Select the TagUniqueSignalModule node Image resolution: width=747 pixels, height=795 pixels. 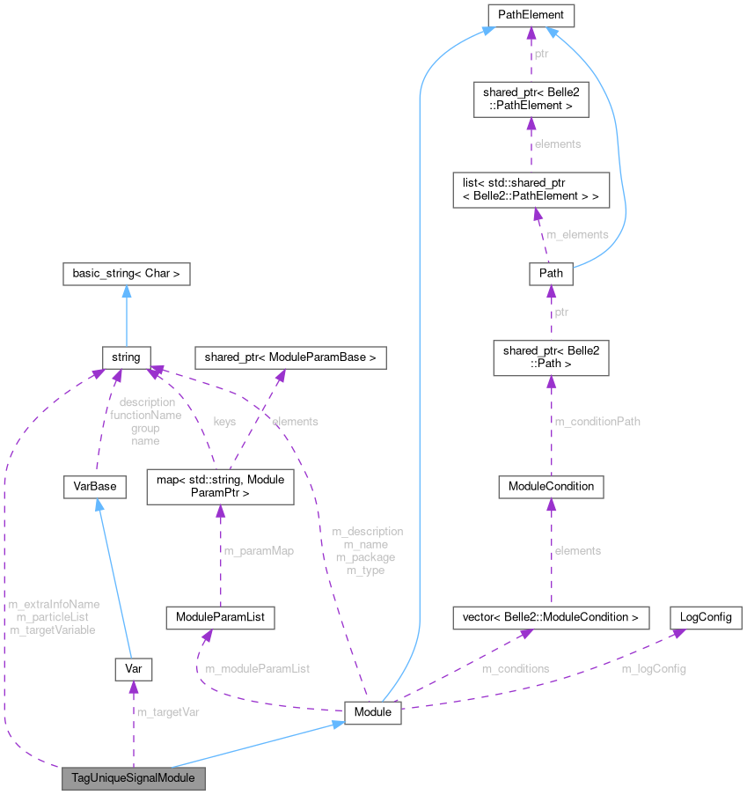point(133,778)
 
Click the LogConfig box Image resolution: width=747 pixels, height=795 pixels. point(706,617)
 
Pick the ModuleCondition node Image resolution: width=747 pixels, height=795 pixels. point(552,486)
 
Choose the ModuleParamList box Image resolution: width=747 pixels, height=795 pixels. point(220,618)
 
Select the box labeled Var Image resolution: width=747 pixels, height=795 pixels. point(133,669)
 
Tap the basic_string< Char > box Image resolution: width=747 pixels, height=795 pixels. point(127,274)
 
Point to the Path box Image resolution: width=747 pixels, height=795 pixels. point(551,274)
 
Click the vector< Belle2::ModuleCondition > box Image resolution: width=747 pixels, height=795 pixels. point(550,617)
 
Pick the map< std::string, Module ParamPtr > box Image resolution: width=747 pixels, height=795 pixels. point(220,486)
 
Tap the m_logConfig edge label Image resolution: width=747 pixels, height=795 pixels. point(654,668)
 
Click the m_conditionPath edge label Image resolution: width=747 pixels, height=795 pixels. point(597,422)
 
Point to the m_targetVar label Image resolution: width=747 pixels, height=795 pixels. point(167,711)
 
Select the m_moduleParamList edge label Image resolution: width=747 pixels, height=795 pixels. point(257,668)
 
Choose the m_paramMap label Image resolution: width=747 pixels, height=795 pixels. point(259,551)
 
